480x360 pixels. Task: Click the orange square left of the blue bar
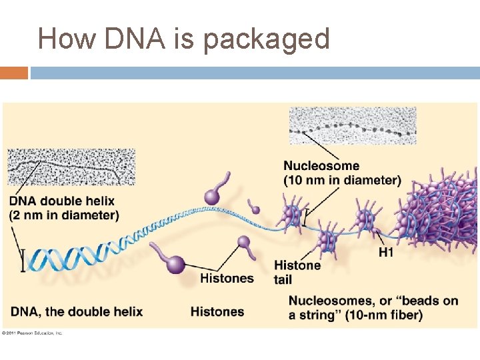coord(14,72)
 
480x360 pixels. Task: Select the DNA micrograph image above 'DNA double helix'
coord(71,167)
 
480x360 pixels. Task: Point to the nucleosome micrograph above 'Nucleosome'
coord(353,125)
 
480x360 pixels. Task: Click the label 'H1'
coord(386,252)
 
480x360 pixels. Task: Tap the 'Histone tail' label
coord(297,272)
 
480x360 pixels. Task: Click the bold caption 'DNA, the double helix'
coord(77,311)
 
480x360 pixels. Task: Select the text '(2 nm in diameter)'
coord(65,215)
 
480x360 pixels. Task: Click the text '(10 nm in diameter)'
coord(342,180)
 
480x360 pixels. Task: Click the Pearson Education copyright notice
coord(32,332)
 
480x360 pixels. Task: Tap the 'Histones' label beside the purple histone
coord(227,278)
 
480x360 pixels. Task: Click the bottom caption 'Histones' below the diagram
coord(217,311)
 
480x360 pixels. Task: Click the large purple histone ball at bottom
coord(175,265)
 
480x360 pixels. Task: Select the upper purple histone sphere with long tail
coord(213,196)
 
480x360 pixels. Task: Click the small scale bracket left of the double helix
coord(23,260)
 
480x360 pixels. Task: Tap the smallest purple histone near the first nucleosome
coord(255,210)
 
